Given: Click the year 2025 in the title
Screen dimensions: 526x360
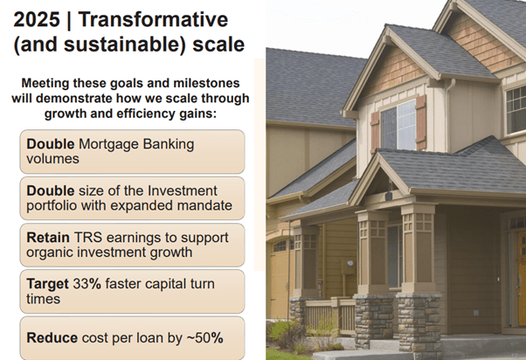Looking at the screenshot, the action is pos(37,19).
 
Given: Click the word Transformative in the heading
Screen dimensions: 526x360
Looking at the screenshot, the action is pos(153,19).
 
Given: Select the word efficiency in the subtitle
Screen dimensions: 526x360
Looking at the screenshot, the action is pos(146,114).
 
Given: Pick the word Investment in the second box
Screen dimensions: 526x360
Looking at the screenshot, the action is pos(182,190).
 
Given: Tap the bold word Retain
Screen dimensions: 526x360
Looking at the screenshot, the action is pos(48,237).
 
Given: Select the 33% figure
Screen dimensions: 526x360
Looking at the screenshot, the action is pos(87,284).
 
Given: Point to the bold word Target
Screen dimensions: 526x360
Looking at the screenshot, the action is pos(48,285).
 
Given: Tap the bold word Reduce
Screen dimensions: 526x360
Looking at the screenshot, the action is pos(52,338).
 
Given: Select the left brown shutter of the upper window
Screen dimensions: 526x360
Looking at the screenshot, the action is pos(375,132).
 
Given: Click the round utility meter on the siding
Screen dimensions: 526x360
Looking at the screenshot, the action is pos(350,264).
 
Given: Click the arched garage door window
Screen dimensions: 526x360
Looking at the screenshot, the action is pos(280,246).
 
